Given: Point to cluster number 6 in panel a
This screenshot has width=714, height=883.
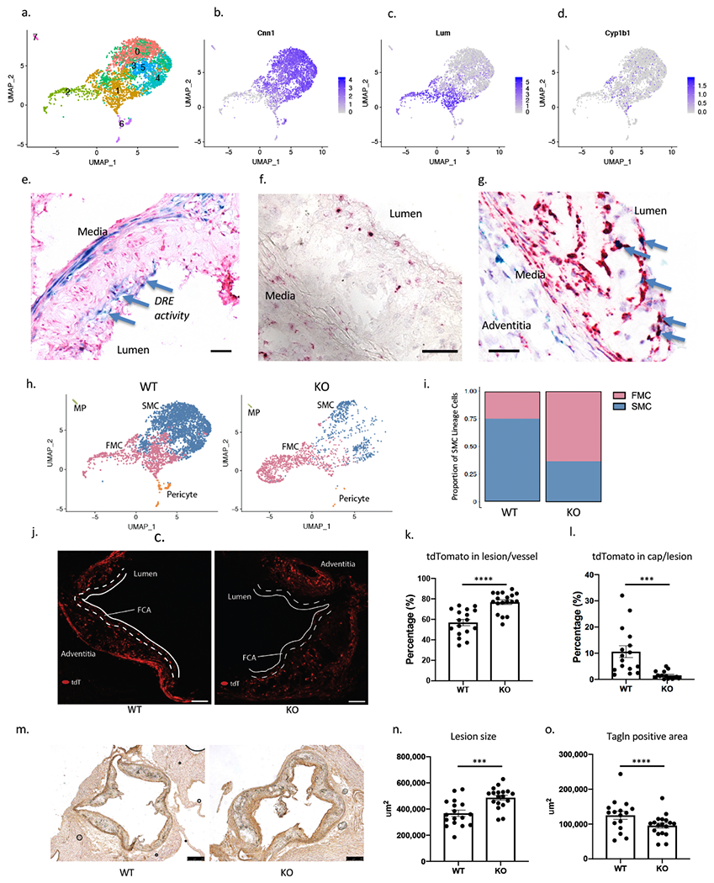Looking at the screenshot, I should pos(121,124).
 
